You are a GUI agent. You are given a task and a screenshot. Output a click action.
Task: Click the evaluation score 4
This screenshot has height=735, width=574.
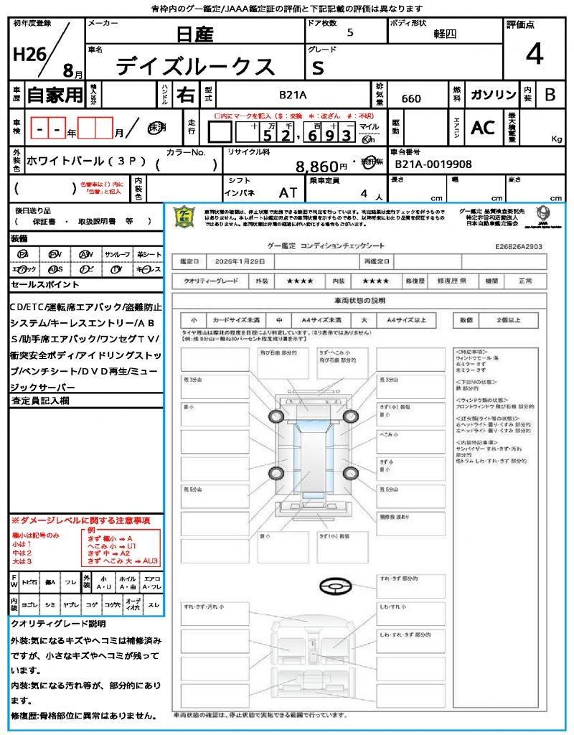tap(534, 54)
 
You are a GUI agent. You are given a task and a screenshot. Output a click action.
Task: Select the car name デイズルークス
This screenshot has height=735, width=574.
tap(195, 66)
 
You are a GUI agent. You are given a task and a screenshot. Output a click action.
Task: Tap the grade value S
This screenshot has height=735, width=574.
tap(318, 67)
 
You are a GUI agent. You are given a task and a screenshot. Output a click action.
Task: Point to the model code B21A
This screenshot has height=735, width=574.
tap(293, 95)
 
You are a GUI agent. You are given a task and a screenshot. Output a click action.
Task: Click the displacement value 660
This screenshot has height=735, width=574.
tap(411, 98)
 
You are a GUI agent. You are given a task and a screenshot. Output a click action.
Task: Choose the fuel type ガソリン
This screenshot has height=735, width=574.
tap(493, 95)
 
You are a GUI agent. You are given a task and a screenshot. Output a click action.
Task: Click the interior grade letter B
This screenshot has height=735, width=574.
tap(550, 94)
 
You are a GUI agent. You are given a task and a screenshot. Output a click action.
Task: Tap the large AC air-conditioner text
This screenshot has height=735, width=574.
tap(483, 128)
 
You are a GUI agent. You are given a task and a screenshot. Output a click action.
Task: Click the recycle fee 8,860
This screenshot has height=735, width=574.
tap(316, 167)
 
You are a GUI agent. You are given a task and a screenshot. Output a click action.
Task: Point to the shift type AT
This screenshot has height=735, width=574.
tap(288, 192)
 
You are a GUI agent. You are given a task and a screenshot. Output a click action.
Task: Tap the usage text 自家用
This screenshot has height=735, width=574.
tap(55, 95)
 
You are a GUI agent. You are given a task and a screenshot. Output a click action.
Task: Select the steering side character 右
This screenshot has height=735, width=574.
tap(185, 95)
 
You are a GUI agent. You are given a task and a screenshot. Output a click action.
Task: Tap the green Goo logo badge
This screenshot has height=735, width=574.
tap(185, 216)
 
